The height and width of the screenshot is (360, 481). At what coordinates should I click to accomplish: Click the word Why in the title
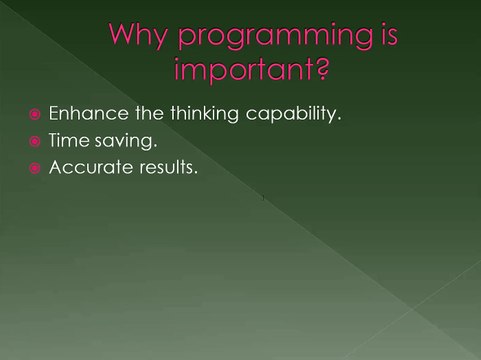135,37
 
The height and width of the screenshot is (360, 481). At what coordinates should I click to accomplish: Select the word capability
275,115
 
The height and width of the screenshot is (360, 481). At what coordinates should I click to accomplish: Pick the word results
165,168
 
